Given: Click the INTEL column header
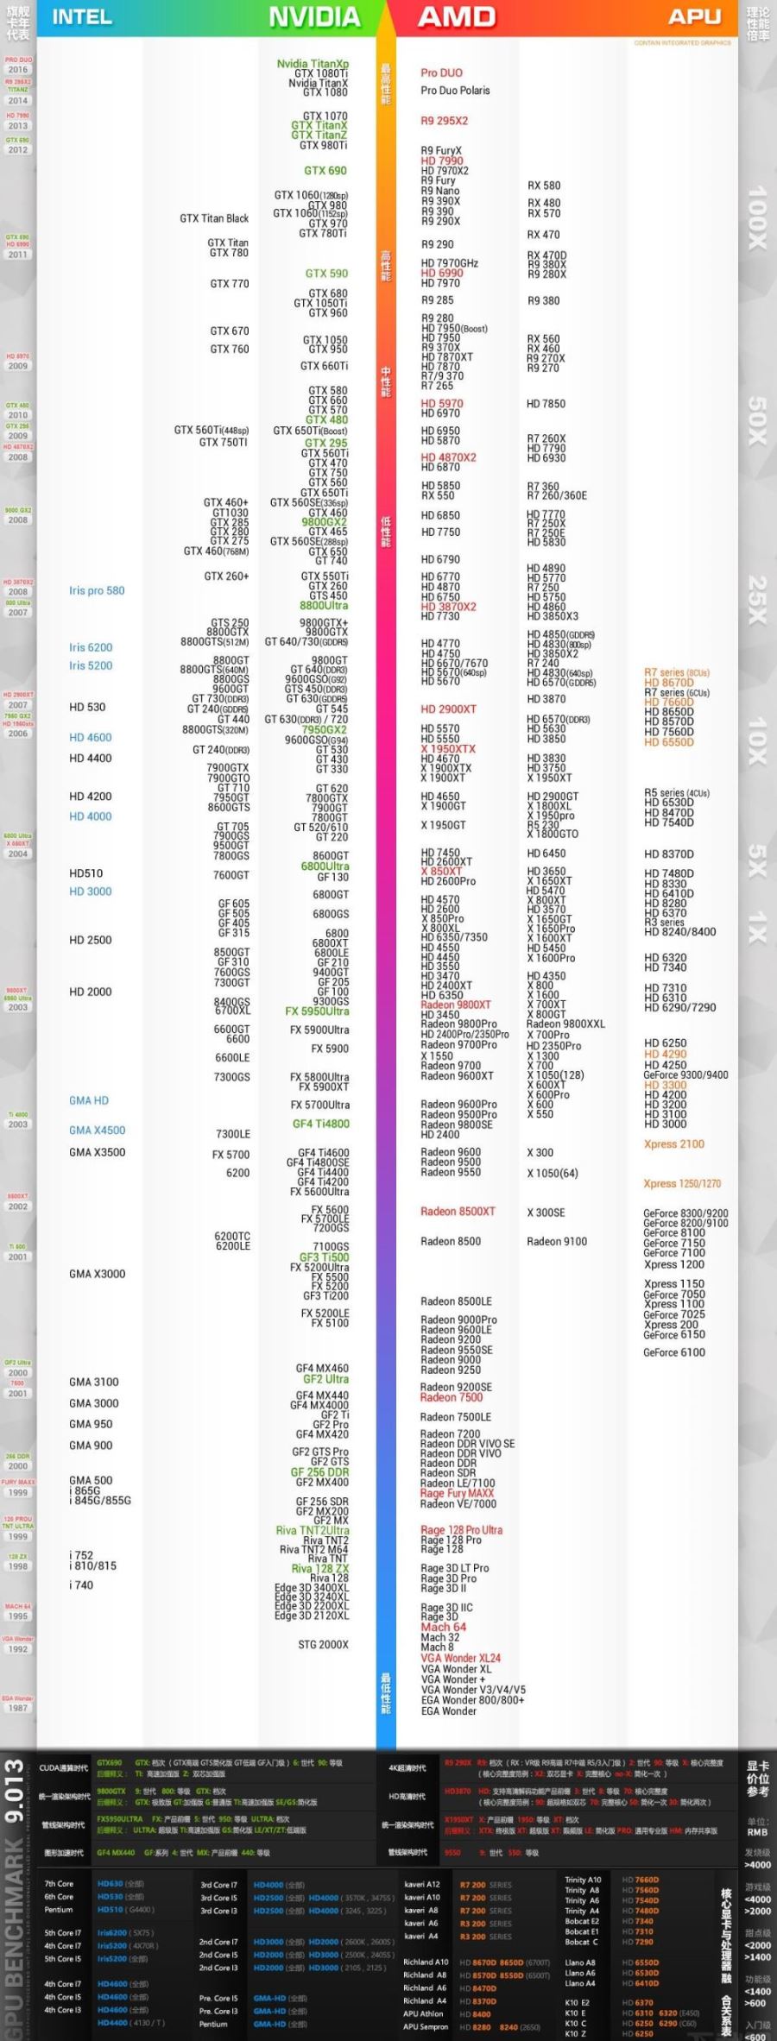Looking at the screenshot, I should (82, 17).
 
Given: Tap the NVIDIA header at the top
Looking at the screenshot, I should (314, 17).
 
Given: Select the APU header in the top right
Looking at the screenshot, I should (694, 17).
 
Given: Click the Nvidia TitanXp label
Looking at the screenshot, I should (313, 64).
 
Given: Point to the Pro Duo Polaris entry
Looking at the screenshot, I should (455, 91).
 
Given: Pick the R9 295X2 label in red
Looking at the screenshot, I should (445, 121).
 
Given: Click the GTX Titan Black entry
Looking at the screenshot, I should (214, 218).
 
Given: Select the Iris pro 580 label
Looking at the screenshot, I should (97, 591).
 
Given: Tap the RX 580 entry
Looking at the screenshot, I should (544, 186).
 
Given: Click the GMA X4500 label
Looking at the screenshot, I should (97, 1131).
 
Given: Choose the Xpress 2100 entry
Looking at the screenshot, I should (674, 1144).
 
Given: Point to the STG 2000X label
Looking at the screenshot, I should (324, 1645).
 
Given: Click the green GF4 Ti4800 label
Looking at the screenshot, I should (321, 1124).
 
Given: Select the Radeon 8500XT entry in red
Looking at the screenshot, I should (458, 1212).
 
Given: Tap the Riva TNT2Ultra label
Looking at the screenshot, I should (313, 1530).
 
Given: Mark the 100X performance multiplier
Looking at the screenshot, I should (756, 217).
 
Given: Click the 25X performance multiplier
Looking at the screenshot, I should (756, 600).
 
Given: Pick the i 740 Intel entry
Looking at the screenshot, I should (81, 1585).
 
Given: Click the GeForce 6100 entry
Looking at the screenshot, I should (674, 1352).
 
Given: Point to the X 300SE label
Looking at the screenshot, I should (546, 1213).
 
